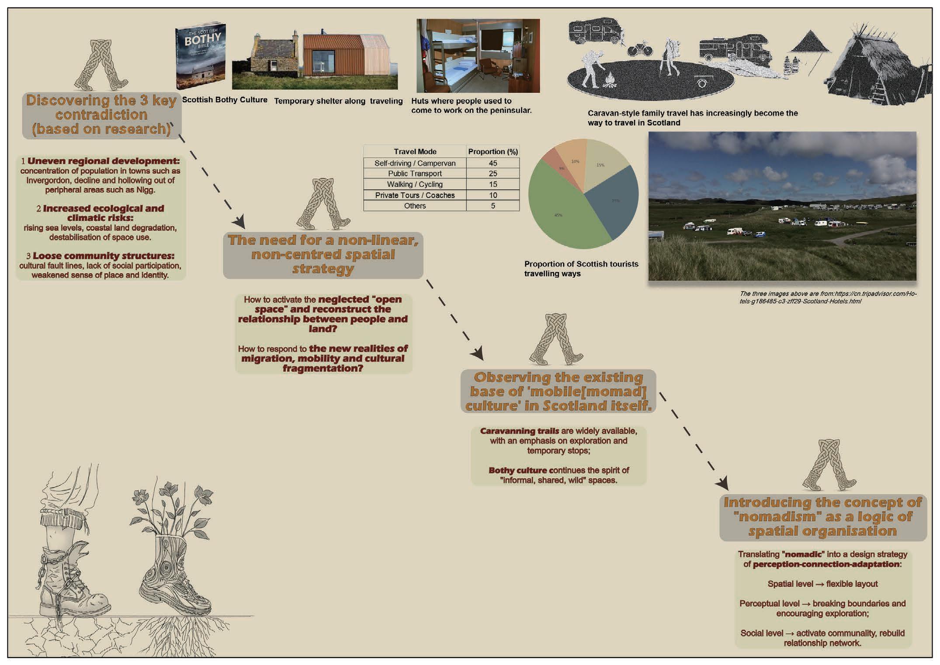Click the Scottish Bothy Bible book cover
tap(201, 56)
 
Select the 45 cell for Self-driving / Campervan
tap(493, 163)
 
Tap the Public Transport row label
tap(415, 174)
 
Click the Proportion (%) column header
tap(493, 152)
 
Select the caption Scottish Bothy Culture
tap(225, 100)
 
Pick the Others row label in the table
tap(415, 206)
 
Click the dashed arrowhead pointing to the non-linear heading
tap(239, 222)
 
